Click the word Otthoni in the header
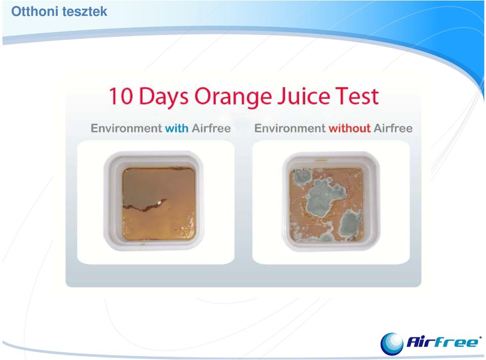pyautogui.click(x=35, y=12)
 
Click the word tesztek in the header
pyautogui.click(x=85, y=12)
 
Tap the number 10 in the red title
pyautogui.click(x=121, y=96)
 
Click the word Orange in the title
pyautogui.click(x=232, y=98)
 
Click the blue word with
pyautogui.click(x=177, y=128)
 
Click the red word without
pyautogui.click(x=350, y=128)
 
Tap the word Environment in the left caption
pyautogui.click(x=126, y=128)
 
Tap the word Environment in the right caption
pyautogui.click(x=290, y=128)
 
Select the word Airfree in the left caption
pyautogui.click(x=211, y=128)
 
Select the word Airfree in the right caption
pyautogui.click(x=393, y=128)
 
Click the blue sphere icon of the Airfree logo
pyautogui.click(x=392, y=344)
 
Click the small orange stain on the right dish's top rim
pyautogui.click(x=322, y=161)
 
